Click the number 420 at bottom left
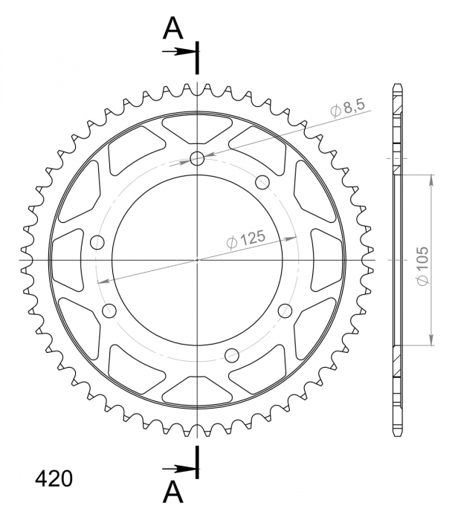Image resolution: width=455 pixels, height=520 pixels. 54,479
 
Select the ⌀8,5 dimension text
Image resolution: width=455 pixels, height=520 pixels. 348,107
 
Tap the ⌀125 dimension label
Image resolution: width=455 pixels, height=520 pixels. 246,239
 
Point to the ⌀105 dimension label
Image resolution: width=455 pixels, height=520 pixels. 422,266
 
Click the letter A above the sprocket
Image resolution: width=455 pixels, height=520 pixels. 173,28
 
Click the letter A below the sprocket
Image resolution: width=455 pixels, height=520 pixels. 173,493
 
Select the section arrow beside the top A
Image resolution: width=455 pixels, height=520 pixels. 178,51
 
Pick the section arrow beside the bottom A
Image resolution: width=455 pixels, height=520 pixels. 178,469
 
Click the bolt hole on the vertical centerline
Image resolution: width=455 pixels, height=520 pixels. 198,158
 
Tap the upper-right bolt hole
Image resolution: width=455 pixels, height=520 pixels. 262,183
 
